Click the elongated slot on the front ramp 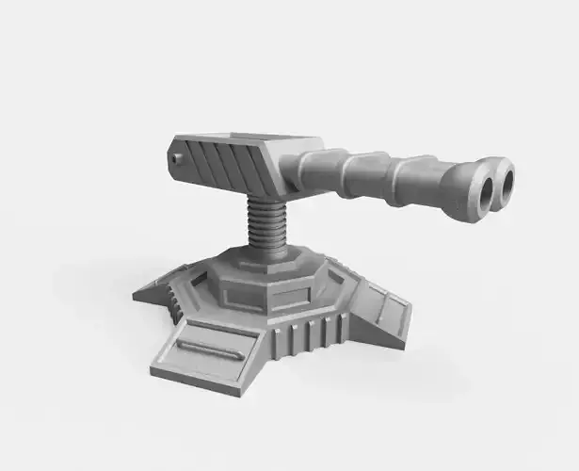pos(209,349)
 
